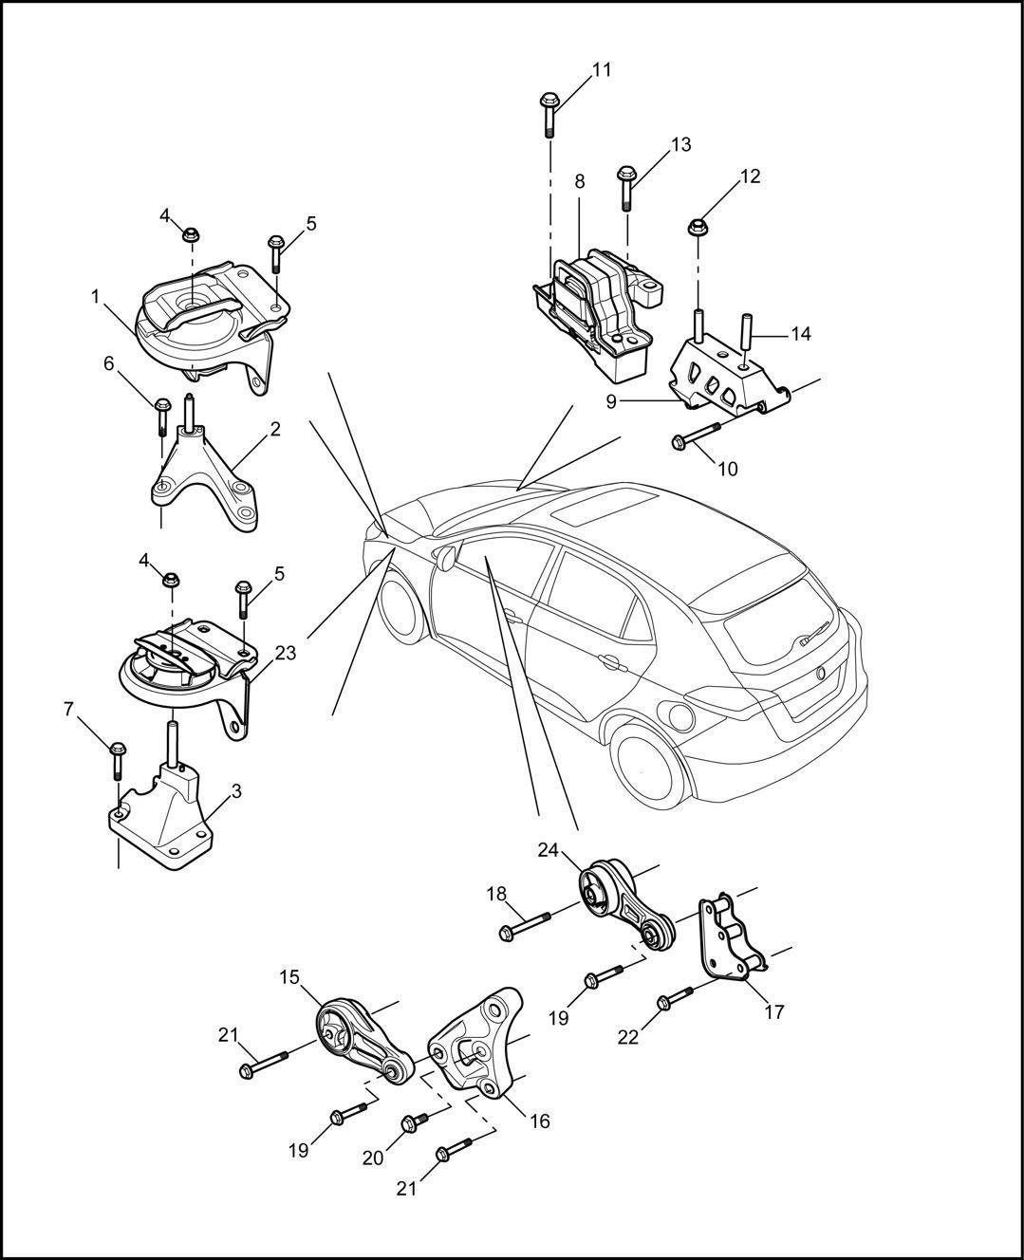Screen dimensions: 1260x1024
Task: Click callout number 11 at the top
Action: [x=602, y=69]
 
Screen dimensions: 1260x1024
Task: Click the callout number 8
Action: [x=579, y=180]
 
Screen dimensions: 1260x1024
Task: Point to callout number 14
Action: [x=801, y=334]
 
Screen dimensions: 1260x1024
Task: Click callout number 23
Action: [x=285, y=653]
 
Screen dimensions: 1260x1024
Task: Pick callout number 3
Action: [x=236, y=790]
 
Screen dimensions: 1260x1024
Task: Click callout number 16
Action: [x=539, y=1121]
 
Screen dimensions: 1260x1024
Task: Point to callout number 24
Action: [x=549, y=850]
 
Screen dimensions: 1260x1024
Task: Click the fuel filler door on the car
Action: [x=678, y=713]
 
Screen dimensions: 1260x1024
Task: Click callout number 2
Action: [x=274, y=429]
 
